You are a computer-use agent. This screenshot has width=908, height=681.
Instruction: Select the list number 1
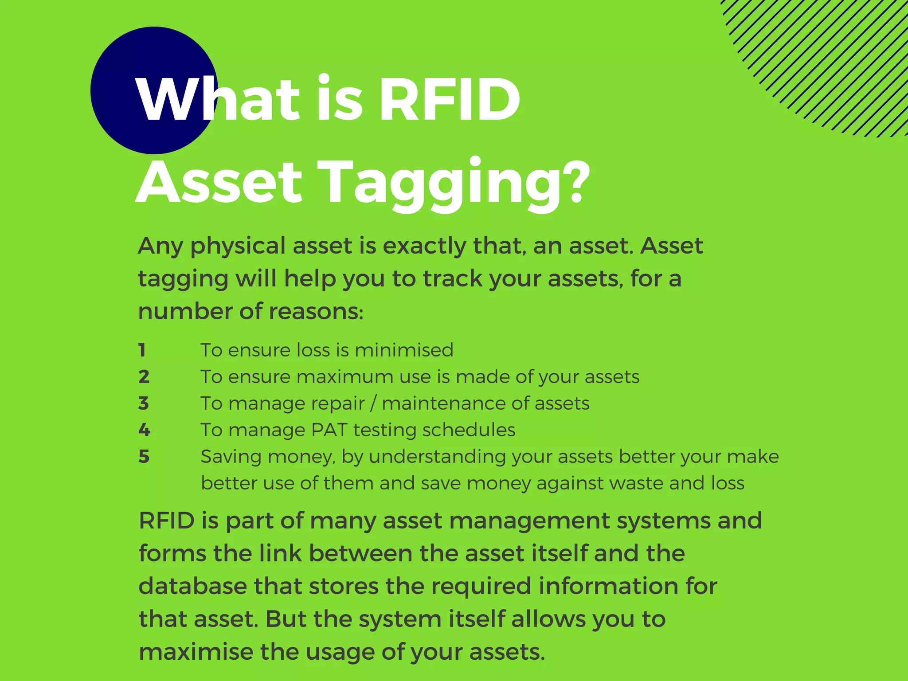tap(142, 350)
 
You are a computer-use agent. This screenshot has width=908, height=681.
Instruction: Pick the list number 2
tap(144, 377)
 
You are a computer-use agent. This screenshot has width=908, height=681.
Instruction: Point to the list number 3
tap(143, 403)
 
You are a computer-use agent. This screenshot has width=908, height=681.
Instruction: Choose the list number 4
tap(144, 430)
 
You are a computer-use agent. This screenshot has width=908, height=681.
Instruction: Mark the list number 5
tap(144, 457)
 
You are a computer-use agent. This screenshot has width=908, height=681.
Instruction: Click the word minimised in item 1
tap(404, 350)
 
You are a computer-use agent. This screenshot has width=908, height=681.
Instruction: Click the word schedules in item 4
tap(469, 430)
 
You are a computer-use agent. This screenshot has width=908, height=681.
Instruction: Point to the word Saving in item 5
tap(231, 457)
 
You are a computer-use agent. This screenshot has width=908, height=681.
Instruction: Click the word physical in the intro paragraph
tap(238, 247)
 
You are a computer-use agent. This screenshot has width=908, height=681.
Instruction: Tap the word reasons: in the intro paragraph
tap(316, 311)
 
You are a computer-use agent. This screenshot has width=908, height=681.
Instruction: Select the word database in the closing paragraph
tap(193, 586)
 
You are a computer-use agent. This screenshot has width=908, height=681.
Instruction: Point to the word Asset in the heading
tap(219, 183)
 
